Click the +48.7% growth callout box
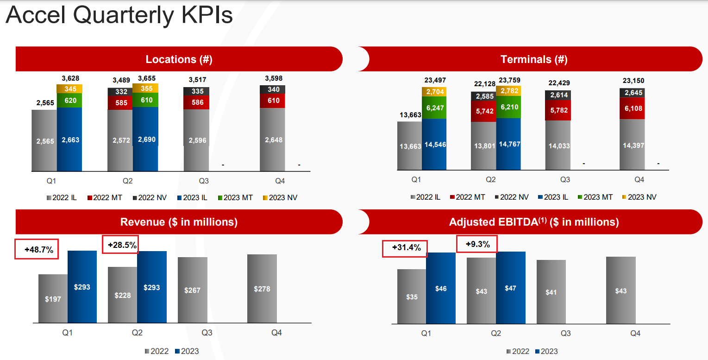point(37,250)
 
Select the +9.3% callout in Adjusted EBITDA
point(477,244)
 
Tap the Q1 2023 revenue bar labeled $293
point(82,287)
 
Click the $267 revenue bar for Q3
point(193,290)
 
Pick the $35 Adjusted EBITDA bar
point(412,297)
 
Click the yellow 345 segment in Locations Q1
point(69,89)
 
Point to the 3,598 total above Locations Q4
point(273,78)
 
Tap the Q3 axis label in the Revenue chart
point(207,333)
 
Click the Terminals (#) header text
point(533,59)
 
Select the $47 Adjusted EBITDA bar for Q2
point(511,288)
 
